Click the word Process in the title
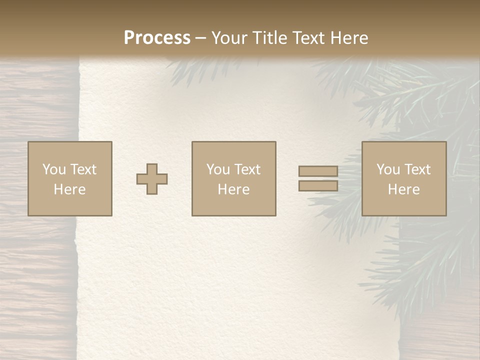click(x=157, y=38)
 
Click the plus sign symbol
click(x=152, y=179)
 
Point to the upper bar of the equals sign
click(x=318, y=171)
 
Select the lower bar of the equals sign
click(x=318, y=186)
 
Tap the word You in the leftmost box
click(x=54, y=169)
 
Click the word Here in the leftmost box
click(x=69, y=189)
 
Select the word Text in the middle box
click(x=247, y=169)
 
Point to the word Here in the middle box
click(x=233, y=189)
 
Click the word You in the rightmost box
click(x=388, y=169)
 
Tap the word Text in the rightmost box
click(x=417, y=169)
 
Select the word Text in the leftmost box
click(x=83, y=169)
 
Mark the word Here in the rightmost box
click(x=403, y=189)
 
